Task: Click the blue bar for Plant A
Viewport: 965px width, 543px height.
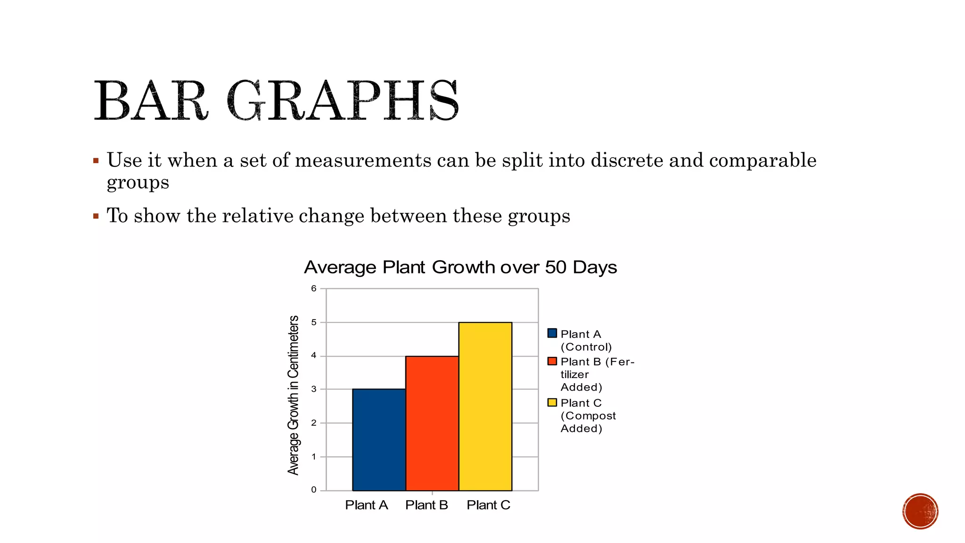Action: pyautogui.click(x=379, y=439)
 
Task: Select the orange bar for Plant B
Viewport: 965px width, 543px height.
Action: pyautogui.click(x=432, y=423)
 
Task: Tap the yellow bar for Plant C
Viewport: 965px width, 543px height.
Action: pyautogui.click(x=485, y=406)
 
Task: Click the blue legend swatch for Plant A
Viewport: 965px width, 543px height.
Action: pyautogui.click(x=552, y=333)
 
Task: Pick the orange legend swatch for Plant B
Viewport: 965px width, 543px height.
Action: pyautogui.click(x=552, y=361)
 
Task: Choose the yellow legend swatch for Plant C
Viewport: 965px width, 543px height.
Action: pyautogui.click(x=552, y=403)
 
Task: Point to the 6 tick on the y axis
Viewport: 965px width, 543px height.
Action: pyautogui.click(x=314, y=288)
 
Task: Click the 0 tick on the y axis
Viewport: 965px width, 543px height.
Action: pyautogui.click(x=314, y=490)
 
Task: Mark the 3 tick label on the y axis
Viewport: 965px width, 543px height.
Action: pyautogui.click(x=314, y=389)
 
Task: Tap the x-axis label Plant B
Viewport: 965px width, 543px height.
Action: pyautogui.click(x=426, y=505)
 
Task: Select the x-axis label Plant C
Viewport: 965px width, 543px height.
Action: pyautogui.click(x=489, y=505)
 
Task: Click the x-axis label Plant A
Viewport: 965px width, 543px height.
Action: pyautogui.click(x=366, y=505)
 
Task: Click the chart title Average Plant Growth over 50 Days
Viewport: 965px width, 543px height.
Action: pyautogui.click(x=460, y=267)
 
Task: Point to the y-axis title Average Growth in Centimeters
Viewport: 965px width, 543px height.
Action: pyautogui.click(x=294, y=395)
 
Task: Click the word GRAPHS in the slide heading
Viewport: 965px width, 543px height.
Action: pyautogui.click(x=343, y=101)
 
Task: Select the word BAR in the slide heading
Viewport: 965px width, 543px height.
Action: pyautogui.click(x=150, y=101)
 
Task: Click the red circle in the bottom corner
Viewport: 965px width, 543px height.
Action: pyautogui.click(x=920, y=511)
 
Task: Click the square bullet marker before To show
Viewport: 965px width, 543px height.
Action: pyautogui.click(x=96, y=216)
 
